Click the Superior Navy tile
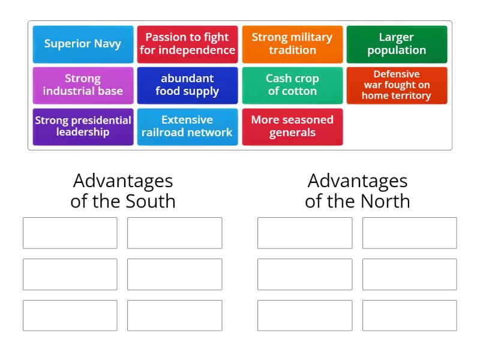[83, 44]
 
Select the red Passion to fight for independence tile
[187, 44]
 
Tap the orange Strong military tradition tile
[292, 44]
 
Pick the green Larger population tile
[397, 44]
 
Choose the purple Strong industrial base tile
[83, 85]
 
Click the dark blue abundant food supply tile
[187, 85]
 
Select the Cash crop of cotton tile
[292, 85]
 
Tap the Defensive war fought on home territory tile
[397, 85]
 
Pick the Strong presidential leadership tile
[83, 127]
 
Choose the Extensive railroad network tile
[187, 127]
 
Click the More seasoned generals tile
[292, 127]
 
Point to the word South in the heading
[151, 201]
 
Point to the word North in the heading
[385, 201]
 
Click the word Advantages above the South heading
[123, 182]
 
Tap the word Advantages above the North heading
[358, 182]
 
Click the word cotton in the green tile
[299, 91]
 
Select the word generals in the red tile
[292, 133]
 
